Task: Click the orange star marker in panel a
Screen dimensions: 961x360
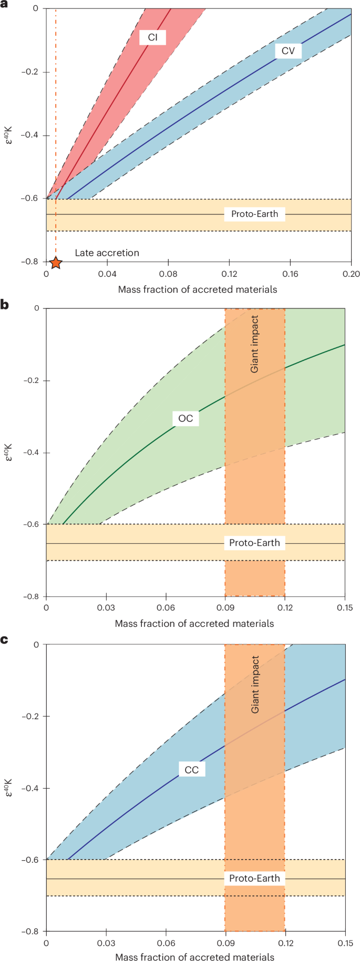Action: click(x=56, y=262)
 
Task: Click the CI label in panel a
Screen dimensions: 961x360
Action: click(x=152, y=37)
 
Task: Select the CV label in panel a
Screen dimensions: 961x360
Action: click(x=288, y=51)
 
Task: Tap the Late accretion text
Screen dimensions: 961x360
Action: click(x=107, y=253)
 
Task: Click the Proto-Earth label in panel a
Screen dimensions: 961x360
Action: click(x=254, y=214)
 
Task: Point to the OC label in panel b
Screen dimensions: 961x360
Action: click(x=186, y=418)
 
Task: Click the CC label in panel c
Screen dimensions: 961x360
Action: click(x=191, y=770)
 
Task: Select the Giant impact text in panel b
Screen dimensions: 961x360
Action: click(x=254, y=344)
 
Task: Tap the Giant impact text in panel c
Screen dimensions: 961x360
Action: click(x=255, y=684)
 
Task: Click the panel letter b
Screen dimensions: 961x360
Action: click(x=5, y=304)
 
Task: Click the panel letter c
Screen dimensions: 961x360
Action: click(x=5, y=640)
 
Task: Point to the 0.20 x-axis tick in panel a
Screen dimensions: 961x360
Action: click(x=351, y=274)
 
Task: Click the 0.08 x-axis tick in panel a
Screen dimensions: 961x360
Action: click(x=168, y=274)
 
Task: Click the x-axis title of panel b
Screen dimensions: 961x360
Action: click(x=194, y=624)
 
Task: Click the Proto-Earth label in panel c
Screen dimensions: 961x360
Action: click(x=254, y=878)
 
